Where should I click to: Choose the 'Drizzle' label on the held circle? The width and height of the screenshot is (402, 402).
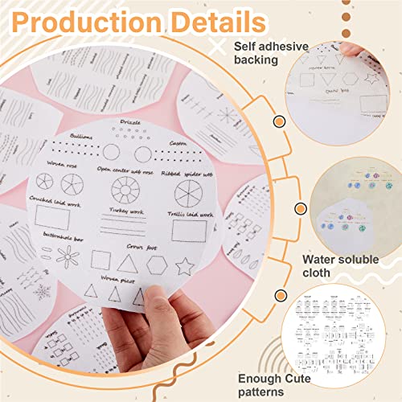tap(131, 122)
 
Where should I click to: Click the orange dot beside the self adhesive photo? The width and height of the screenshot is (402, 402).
tap(279, 121)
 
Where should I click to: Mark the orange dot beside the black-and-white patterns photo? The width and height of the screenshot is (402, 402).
tap(279, 295)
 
